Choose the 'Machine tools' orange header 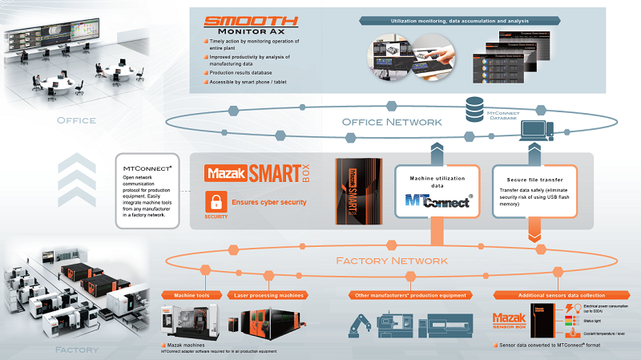point(194,296)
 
